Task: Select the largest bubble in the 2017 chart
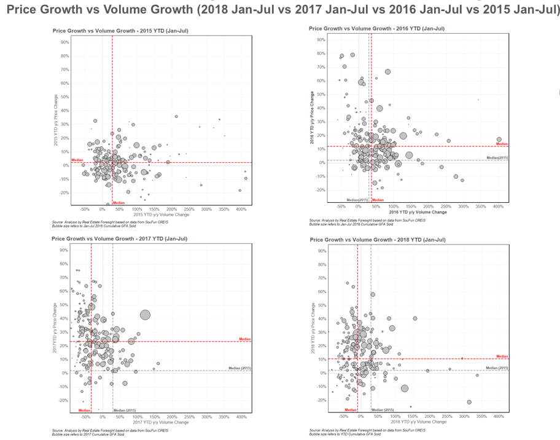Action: (x=145, y=315)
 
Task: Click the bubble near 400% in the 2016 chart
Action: (x=499, y=139)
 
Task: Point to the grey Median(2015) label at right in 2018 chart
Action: (x=497, y=367)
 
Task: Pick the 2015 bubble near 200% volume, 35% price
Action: (x=176, y=116)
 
